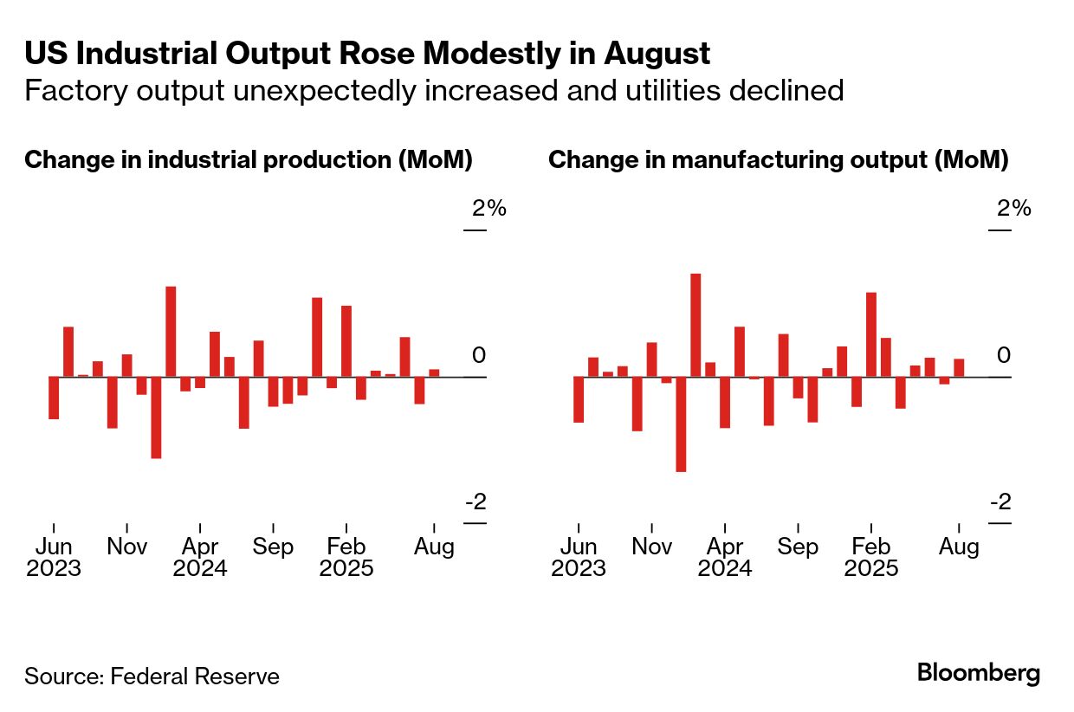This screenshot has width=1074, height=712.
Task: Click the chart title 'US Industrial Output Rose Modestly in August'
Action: click(367, 54)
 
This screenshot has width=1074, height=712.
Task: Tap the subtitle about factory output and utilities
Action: click(434, 90)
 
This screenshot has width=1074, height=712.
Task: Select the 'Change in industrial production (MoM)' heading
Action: click(249, 160)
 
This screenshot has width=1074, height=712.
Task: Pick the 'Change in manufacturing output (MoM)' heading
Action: click(779, 160)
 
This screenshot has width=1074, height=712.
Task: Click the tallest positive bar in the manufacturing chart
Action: click(696, 325)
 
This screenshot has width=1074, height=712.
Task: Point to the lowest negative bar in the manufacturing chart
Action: click(681, 424)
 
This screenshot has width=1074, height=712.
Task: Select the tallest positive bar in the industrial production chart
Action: click(171, 331)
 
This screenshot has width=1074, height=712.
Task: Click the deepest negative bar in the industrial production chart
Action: click(156, 417)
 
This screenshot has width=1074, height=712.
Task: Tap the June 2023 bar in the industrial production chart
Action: click(54, 398)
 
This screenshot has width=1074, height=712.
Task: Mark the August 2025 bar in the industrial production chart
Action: click(434, 373)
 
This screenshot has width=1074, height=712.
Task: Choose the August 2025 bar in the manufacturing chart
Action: click(959, 368)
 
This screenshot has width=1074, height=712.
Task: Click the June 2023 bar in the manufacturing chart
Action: click(579, 399)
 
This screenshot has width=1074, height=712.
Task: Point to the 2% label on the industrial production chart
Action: click(488, 209)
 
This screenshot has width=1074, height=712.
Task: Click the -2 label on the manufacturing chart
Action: click(1000, 502)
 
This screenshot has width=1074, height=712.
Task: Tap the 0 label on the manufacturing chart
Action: click(1004, 356)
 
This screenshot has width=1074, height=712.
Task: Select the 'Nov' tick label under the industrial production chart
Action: click(126, 547)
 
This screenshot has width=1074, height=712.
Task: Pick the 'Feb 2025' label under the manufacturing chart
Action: click(871, 558)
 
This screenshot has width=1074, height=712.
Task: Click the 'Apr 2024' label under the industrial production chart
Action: click(200, 558)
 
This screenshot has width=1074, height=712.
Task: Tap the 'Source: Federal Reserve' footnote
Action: click(152, 676)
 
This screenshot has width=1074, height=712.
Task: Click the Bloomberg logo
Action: click(979, 673)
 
